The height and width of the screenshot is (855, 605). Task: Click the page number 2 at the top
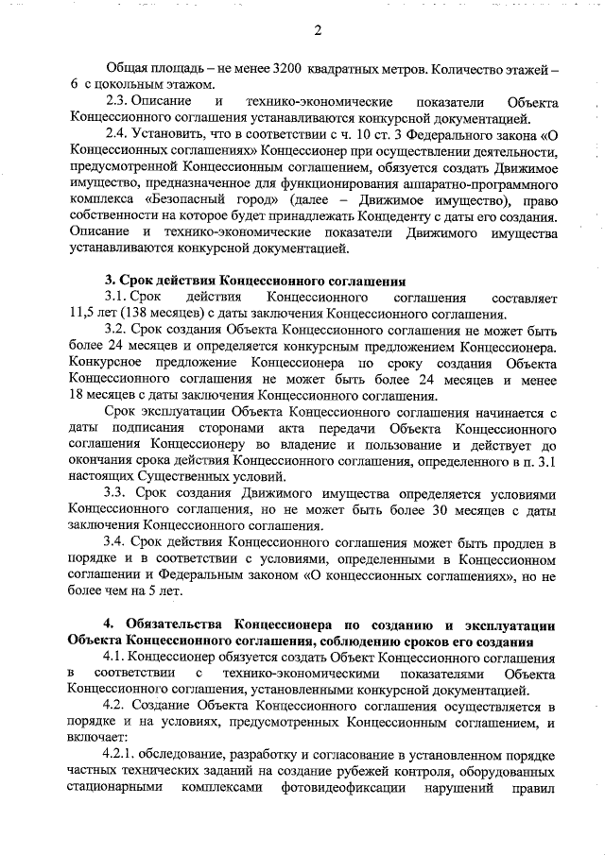coord(319,30)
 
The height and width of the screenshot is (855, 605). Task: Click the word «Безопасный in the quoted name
coord(186,202)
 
